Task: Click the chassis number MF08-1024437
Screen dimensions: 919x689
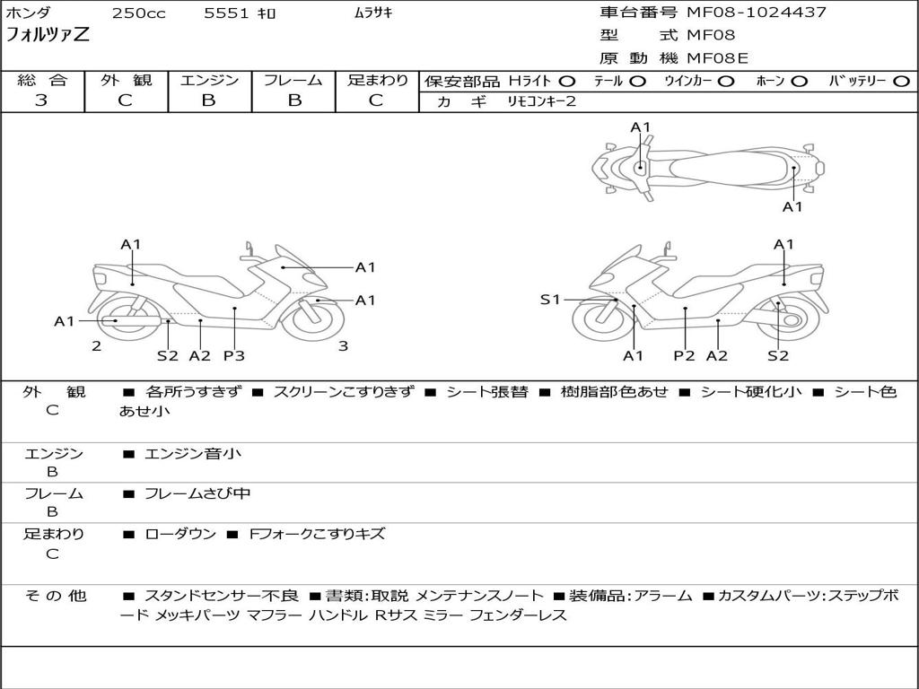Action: pos(757,13)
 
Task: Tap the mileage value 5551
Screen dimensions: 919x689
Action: pos(228,13)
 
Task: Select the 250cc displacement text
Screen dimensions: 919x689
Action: pos(138,13)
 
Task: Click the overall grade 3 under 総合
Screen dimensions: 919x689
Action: pos(41,100)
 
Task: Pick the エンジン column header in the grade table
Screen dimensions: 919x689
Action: pos(209,80)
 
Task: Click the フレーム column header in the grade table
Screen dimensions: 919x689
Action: pos(293,80)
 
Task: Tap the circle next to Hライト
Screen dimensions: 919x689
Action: pos(567,82)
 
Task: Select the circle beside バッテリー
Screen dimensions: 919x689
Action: pos(902,82)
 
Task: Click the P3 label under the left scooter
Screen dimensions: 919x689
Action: pos(234,355)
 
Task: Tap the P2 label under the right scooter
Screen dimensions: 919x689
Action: pos(685,355)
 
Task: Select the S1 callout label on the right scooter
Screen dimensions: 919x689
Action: pos(550,300)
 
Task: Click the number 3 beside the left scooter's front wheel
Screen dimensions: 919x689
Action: pos(343,345)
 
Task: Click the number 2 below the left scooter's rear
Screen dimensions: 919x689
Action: pos(96,345)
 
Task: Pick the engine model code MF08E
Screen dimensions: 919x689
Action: pos(717,58)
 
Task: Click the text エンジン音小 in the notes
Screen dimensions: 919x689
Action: pos(193,454)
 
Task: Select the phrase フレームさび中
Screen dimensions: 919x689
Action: pos(197,493)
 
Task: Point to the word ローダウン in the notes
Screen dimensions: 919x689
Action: pos(180,534)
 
